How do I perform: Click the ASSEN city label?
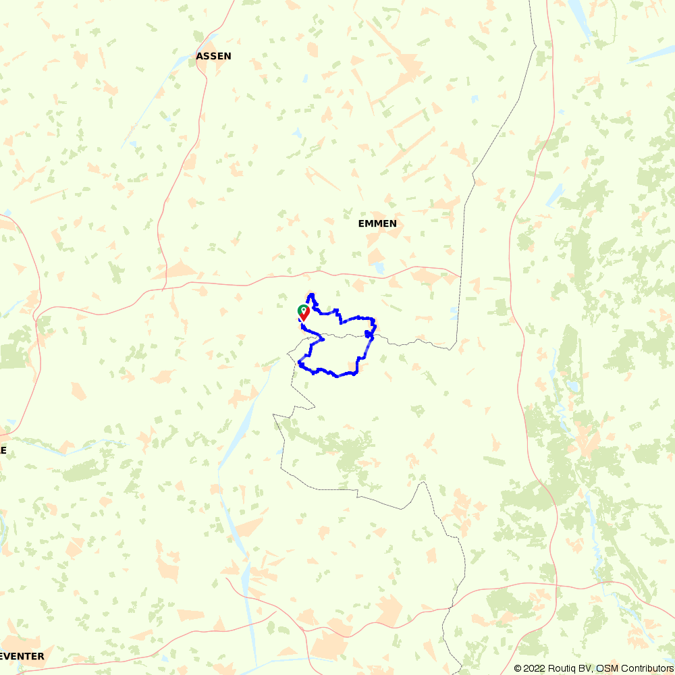213,57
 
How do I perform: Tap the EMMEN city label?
377,223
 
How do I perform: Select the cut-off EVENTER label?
22,656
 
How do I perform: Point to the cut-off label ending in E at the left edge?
3,450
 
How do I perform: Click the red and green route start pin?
304,313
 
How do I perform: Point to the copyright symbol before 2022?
518,668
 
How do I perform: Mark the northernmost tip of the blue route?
310,294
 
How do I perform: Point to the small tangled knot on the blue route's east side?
369,333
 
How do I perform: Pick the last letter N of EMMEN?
393,223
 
